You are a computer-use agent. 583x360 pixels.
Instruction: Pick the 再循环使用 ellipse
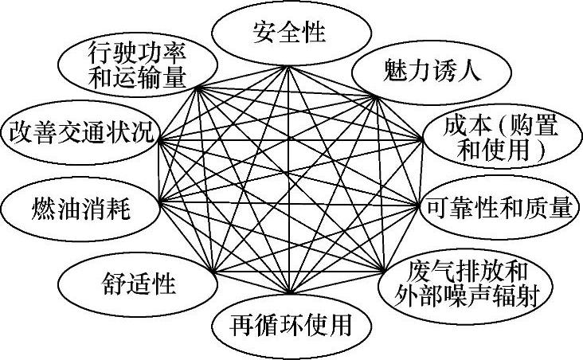(291, 325)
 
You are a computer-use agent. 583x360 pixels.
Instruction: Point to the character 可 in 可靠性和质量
(438, 208)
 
